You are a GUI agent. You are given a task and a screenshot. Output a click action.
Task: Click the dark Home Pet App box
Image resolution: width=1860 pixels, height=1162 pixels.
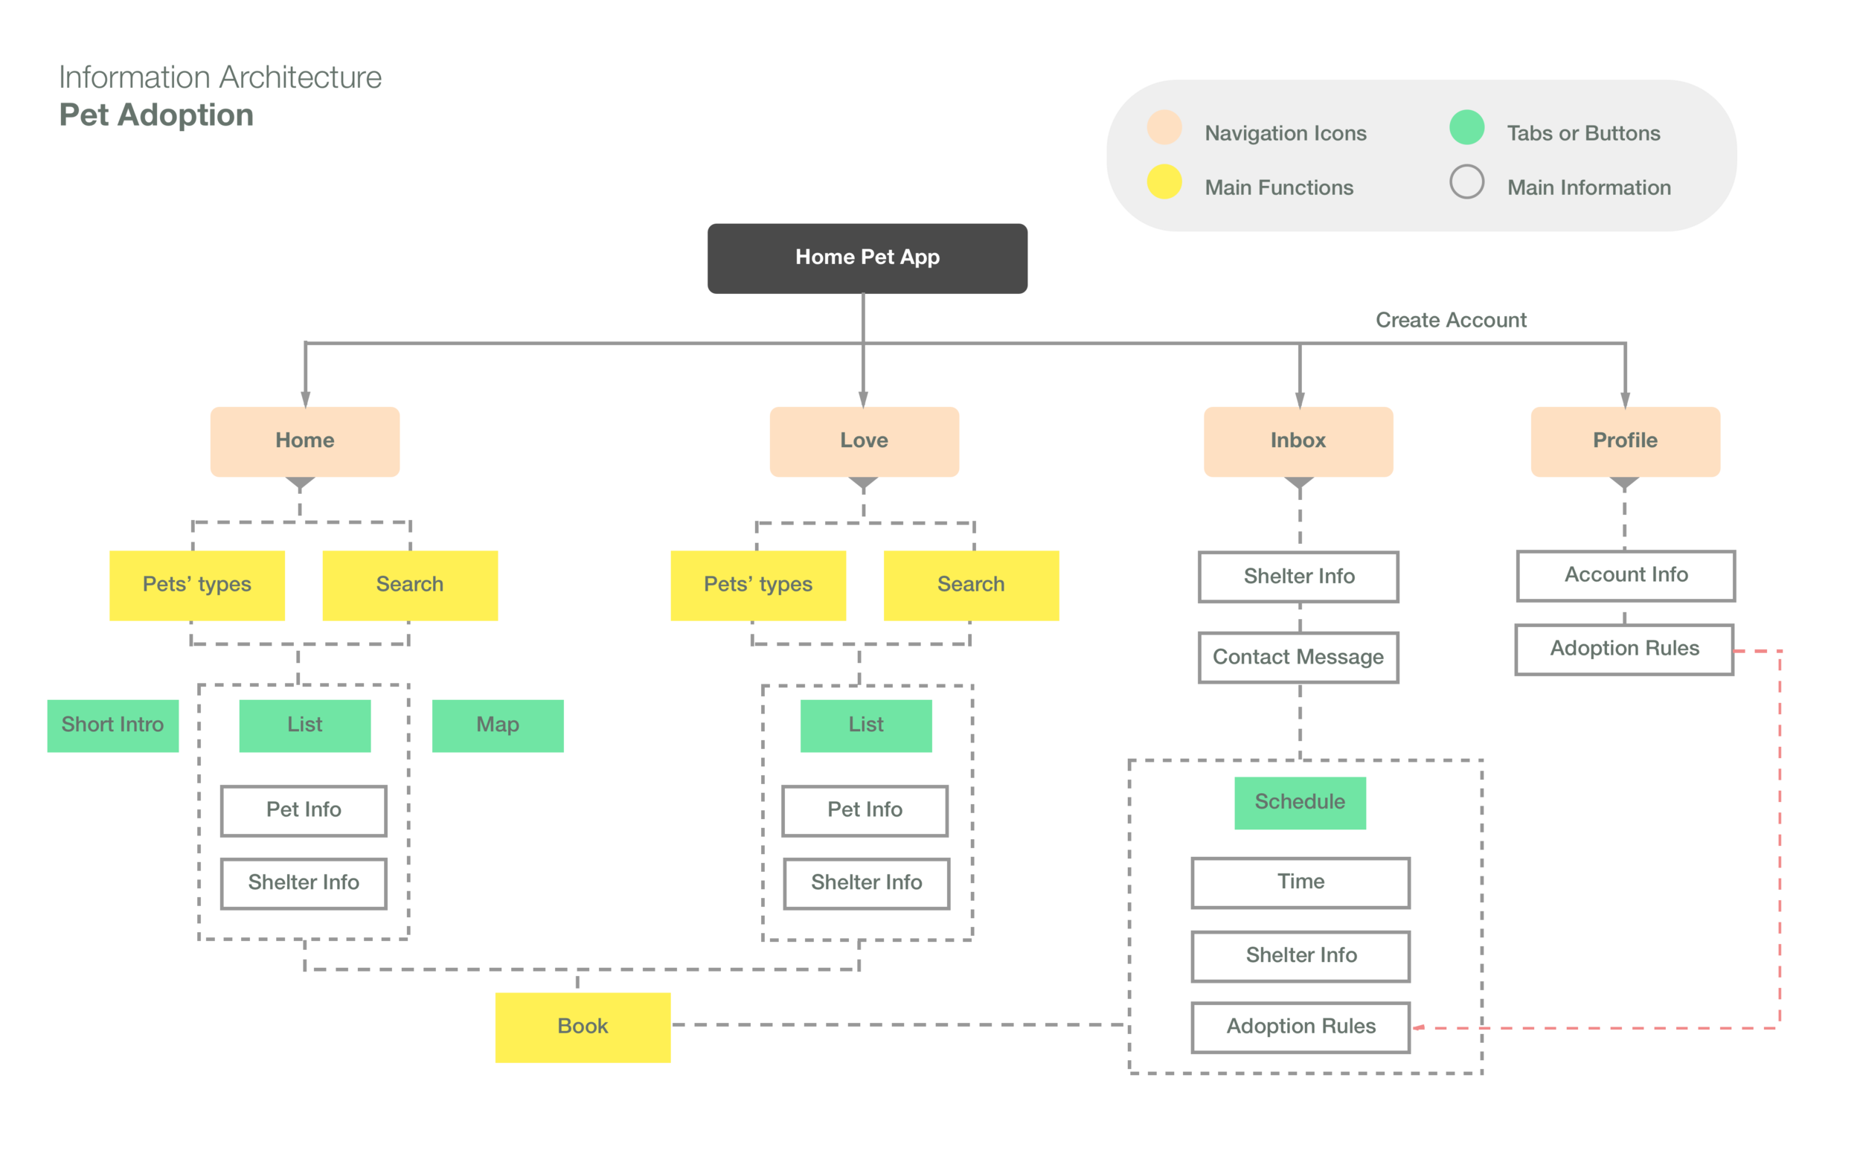tap(867, 257)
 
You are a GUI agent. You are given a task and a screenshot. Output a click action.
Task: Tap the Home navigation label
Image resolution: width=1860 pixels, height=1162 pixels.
tap(305, 440)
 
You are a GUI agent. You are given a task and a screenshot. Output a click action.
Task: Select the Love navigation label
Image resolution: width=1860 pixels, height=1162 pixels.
tap(864, 440)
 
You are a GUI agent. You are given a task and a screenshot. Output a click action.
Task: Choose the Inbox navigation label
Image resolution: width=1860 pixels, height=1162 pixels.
tap(1298, 440)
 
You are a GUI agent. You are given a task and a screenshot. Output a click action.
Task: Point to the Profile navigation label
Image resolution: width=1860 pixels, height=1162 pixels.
tap(1625, 440)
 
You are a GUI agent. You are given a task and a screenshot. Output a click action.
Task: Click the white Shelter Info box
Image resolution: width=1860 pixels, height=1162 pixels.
tap(1298, 577)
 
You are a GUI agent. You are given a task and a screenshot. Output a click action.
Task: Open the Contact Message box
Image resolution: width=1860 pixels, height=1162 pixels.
tap(1298, 657)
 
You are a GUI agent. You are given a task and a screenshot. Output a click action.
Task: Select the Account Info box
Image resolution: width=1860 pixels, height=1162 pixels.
tap(1626, 575)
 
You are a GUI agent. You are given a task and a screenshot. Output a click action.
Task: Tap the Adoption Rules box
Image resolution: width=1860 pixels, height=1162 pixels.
tap(1624, 649)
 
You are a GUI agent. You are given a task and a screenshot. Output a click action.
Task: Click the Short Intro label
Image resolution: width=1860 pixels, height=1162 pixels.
tap(113, 725)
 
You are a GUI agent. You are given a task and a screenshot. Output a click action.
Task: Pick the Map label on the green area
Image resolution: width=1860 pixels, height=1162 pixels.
tap(498, 725)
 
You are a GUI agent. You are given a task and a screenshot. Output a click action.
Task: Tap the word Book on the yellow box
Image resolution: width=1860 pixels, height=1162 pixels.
tap(583, 1027)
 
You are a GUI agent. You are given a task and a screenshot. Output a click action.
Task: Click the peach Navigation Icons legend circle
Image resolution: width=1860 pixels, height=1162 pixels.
tap(1164, 127)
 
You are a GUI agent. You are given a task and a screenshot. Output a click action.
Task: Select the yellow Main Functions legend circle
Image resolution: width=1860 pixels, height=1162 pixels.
tap(1164, 182)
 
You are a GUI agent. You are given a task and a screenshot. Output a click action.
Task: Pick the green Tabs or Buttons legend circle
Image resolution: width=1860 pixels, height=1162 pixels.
tap(1466, 127)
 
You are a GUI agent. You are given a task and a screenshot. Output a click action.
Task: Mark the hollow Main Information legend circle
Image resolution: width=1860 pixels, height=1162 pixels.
tap(1466, 182)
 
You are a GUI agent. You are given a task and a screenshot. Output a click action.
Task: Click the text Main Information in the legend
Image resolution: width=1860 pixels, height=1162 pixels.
tap(1588, 187)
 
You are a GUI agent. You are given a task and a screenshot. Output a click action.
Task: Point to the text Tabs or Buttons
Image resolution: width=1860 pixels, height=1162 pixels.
tap(1583, 134)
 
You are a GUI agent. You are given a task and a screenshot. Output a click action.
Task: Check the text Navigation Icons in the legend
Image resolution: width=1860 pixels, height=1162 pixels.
tap(1285, 134)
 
